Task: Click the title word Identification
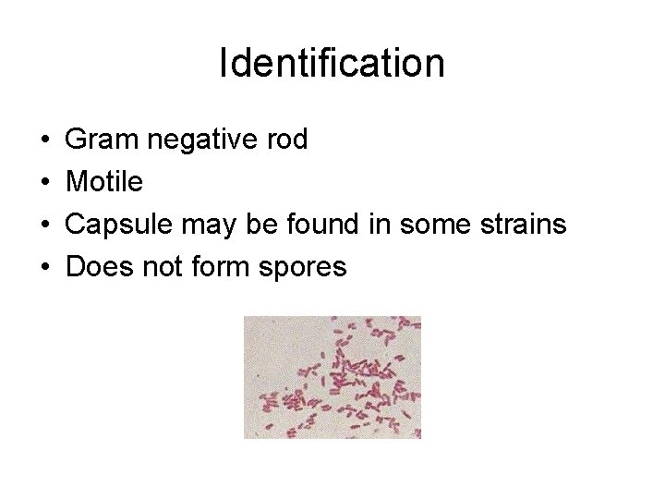coord(332,64)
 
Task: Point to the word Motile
coord(105,183)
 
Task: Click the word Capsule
coord(115,225)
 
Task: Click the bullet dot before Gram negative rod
coord(46,141)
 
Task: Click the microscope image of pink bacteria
coord(332,377)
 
